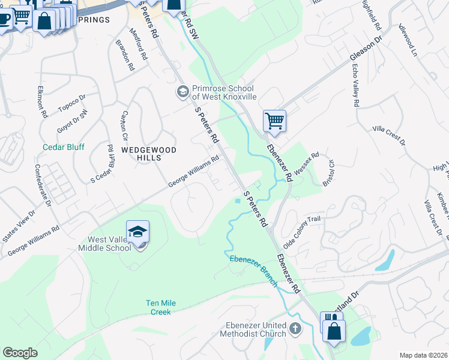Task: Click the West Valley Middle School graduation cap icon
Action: [x=137, y=231]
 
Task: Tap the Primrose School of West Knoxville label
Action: [x=224, y=92]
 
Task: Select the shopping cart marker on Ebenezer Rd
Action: [x=274, y=121]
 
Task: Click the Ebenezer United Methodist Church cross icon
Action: [x=294, y=328]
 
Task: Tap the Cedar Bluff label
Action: [x=64, y=147]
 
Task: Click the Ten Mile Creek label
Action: [x=161, y=307]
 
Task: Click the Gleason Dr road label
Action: [x=366, y=49]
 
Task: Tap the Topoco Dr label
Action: [x=72, y=103]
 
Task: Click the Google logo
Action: [x=20, y=353]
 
